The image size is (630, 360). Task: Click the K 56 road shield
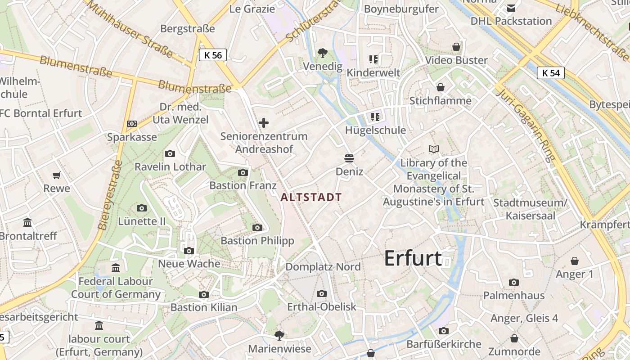pos(213,55)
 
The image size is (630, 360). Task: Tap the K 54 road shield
pos(551,73)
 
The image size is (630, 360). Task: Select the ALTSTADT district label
pos(311,197)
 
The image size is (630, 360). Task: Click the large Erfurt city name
pos(413,258)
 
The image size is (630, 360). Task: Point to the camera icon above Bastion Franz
pos(243,172)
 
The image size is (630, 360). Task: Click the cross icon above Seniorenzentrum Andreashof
pos(264,123)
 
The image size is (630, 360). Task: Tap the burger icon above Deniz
pos(349,158)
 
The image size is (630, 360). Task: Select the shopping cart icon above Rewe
pos(57,175)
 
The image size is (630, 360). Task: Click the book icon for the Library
pos(434,149)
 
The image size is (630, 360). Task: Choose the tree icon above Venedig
pos(322,53)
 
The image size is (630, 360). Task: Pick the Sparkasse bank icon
pos(132,124)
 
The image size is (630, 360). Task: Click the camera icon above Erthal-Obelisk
pos(321,293)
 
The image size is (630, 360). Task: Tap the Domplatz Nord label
pos(323,267)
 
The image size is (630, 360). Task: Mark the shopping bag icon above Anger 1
pos(575,261)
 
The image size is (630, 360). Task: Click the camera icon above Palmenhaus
pos(513,282)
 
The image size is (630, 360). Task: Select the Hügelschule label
pos(375,130)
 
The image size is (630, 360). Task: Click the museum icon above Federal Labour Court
pos(116,268)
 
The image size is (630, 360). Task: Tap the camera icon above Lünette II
pos(142,208)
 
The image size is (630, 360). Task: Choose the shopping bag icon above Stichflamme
pos(441,87)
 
